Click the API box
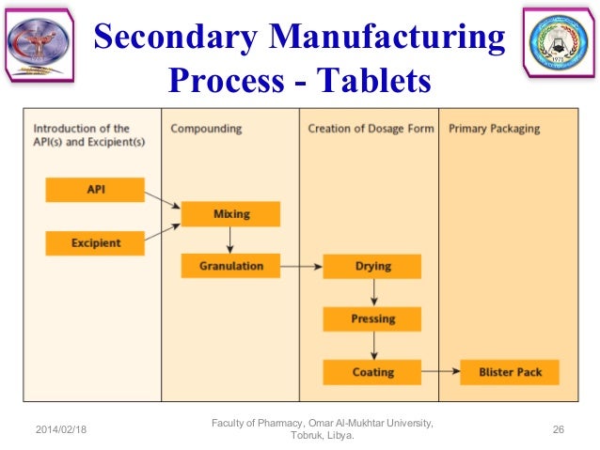[95, 190]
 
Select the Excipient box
[95, 243]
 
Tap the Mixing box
[230, 214]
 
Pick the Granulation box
[230, 266]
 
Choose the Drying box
[372, 266]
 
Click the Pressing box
[372, 319]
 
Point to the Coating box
[372, 372]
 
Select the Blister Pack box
[510, 372]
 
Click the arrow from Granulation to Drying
[302, 267]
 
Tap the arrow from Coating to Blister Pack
[440, 372]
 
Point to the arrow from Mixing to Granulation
[230, 241]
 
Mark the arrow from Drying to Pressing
[372, 293]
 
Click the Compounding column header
[206, 128]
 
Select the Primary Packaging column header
[495, 128]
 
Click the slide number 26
[558, 429]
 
